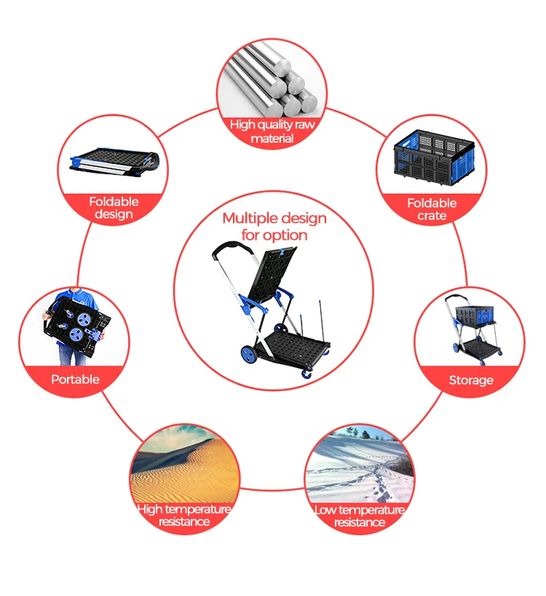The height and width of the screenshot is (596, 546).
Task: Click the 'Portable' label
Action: (x=75, y=379)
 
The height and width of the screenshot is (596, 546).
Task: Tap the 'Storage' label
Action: (x=470, y=380)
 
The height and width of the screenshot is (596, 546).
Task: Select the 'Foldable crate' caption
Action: (x=432, y=209)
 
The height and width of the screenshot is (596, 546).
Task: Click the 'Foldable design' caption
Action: (x=114, y=208)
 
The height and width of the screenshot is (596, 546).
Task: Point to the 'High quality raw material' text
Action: (x=272, y=131)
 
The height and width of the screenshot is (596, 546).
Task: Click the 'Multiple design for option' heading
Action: (x=274, y=227)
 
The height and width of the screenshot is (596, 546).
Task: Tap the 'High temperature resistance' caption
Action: (x=185, y=515)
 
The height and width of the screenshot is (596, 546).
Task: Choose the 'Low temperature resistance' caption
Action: (x=360, y=516)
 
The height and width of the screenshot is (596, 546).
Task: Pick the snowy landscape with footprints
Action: (x=360, y=466)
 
